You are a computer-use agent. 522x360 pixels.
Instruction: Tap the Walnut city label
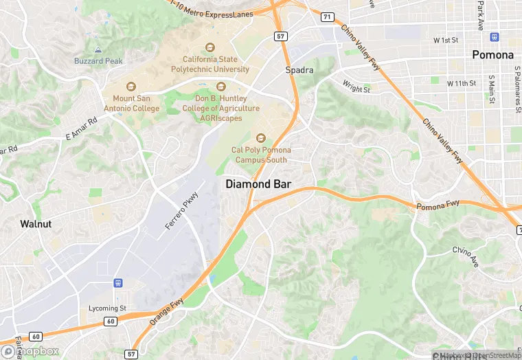click(36, 223)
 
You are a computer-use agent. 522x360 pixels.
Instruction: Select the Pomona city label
click(492, 55)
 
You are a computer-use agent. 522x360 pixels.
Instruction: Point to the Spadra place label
click(299, 70)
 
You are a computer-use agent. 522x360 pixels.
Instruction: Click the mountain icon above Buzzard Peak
click(98, 50)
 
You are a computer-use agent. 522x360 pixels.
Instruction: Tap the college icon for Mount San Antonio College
click(131, 87)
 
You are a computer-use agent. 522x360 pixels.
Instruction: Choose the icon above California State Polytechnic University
click(211, 47)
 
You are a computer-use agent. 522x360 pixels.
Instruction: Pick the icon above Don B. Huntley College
click(221, 87)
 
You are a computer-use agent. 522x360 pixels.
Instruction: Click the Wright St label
click(356, 87)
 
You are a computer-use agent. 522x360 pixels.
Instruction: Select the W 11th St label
click(461, 83)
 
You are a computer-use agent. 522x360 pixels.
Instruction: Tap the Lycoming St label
click(107, 308)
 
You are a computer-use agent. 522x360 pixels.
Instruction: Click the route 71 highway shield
click(328, 16)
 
